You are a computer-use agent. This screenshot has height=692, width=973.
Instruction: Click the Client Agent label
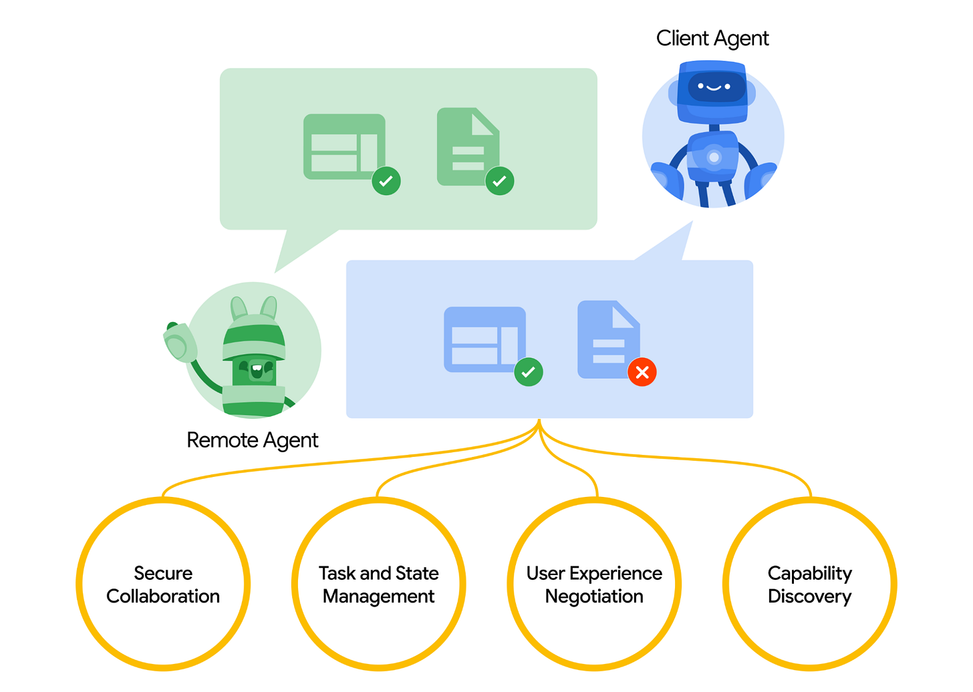[x=712, y=39]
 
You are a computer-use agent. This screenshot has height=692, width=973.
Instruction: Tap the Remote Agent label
[x=252, y=440]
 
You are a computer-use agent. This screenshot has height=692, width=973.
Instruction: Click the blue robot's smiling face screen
[x=713, y=88]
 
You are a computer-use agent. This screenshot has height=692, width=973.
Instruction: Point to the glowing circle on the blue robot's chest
[x=714, y=158]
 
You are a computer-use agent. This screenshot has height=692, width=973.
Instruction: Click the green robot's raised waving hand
[x=179, y=343]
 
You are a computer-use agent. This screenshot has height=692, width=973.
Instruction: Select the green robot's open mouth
[x=256, y=368]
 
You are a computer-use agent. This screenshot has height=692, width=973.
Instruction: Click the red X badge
[x=642, y=372]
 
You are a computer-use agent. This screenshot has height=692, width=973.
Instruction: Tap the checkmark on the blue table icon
[x=528, y=372]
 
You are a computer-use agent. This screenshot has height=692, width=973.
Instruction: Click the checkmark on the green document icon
[x=499, y=180]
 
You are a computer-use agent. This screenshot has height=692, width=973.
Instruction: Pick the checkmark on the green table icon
[x=386, y=180]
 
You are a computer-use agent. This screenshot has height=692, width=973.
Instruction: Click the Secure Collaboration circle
[x=163, y=584]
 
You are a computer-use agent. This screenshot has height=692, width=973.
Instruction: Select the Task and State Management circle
[x=379, y=584]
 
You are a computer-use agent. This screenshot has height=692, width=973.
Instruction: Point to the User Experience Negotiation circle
[x=594, y=584]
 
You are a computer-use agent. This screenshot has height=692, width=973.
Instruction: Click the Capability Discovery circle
[x=809, y=584]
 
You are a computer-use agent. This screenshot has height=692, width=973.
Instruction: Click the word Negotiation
[x=594, y=596]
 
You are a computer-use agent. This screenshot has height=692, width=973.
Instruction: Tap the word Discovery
[x=809, y=596]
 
